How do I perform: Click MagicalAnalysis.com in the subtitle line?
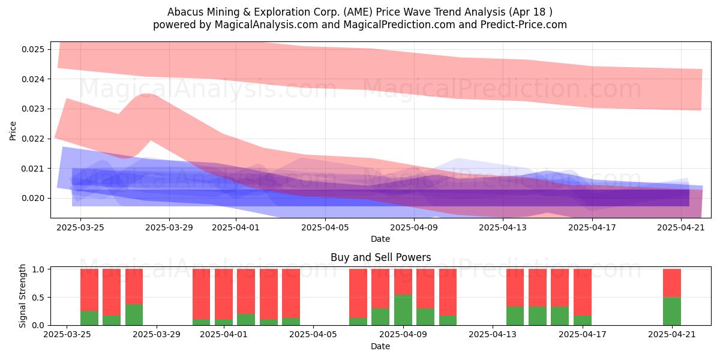266,25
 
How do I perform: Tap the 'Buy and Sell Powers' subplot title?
380,257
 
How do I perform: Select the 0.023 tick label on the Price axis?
33,109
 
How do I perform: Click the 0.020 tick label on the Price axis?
33,199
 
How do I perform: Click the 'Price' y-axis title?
13,131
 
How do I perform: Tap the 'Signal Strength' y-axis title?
22,296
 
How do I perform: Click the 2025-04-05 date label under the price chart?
325,228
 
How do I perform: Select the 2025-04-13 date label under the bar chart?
493,335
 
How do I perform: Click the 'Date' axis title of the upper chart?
380,239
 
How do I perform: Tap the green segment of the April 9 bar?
403,310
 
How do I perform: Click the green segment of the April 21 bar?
672,311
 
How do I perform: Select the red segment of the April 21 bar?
672,283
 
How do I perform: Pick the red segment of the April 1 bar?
224,294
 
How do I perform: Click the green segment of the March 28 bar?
134,314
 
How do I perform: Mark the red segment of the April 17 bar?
583,292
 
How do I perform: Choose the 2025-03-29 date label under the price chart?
169,228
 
